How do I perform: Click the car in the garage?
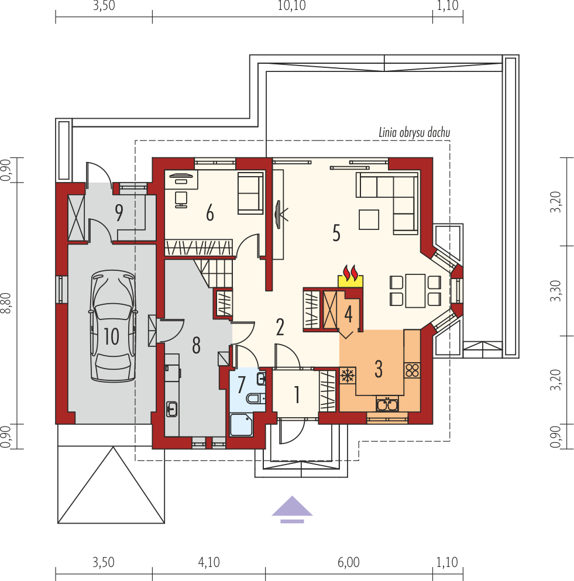point(113,326)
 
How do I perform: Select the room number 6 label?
point(209,214)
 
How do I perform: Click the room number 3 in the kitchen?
point(379,369)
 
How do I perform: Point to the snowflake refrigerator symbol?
point(348,376)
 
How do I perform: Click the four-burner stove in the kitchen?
point(412,370)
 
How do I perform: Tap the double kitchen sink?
point(387,404)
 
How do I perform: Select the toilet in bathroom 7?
point(255,398)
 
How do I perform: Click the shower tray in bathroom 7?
point(241,425)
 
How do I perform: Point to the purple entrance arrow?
point(292,510)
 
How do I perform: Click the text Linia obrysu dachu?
point(414,133)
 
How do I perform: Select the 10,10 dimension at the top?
point(291,6)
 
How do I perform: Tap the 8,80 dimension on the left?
point(6,302)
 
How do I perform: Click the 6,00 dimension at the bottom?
point(348,562)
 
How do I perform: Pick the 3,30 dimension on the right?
point(556,291)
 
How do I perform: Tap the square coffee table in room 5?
point(369,219)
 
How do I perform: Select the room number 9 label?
point(119,213)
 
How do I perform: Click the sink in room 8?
point(171,409)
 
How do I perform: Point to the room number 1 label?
point(297,394)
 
